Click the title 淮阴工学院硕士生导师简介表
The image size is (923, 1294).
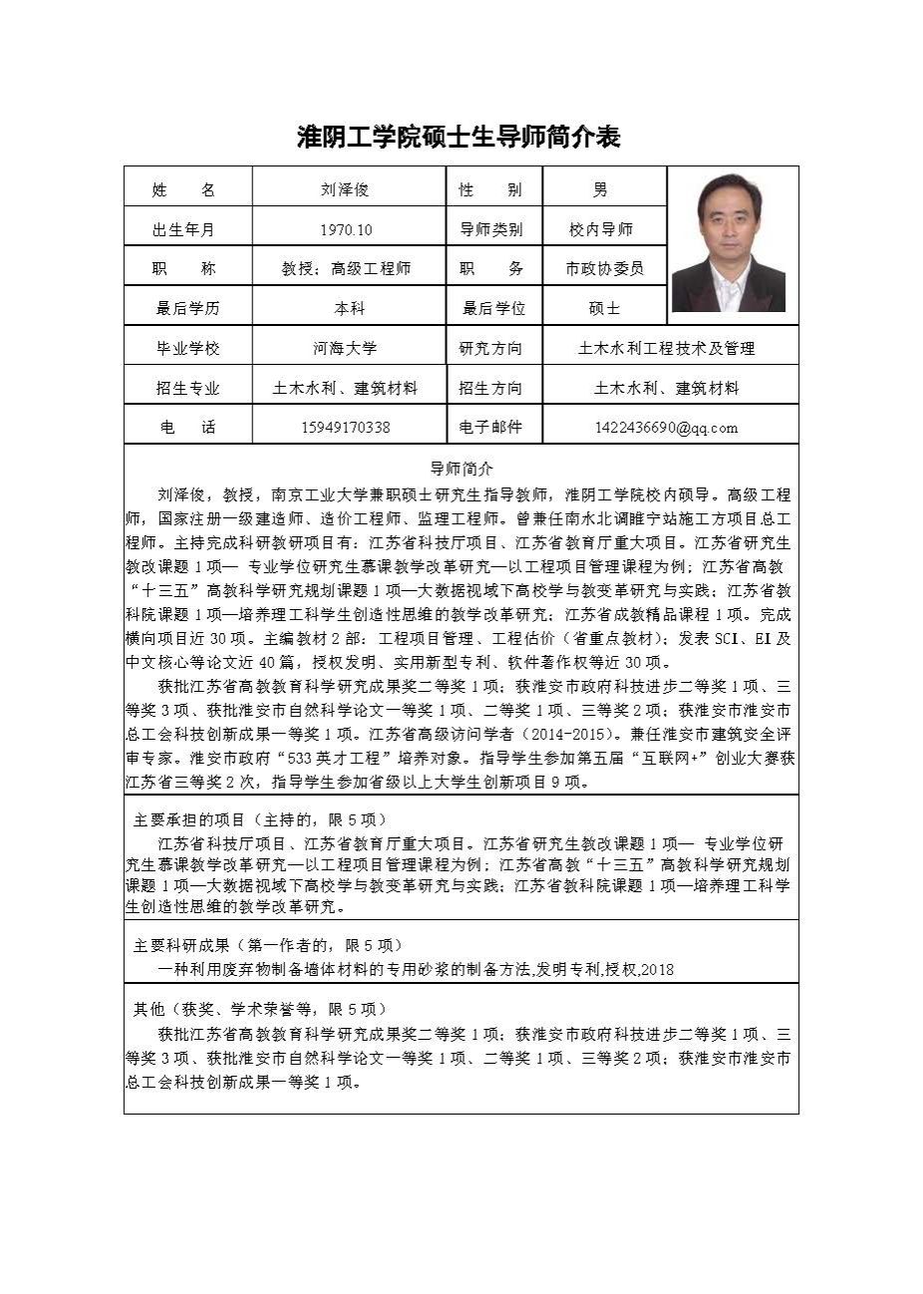(x=460, y=137)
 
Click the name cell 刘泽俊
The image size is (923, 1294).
(x=345, y=189)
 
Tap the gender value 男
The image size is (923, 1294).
(x=600, y=189)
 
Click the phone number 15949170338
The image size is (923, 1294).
(x=345, y=428)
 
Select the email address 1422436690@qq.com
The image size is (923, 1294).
(x=666, y=428)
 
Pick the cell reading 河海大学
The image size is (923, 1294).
(x=345, y=348)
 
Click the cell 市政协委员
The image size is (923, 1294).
(x=604, y=268)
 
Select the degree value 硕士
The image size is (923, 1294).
(x=604, y=308)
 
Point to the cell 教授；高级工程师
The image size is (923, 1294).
(x=345, y=268)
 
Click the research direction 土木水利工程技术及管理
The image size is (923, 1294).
(x=666, y=348)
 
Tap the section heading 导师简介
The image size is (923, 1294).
(x=461, y=468)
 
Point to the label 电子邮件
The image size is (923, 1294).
(x=490, y=428)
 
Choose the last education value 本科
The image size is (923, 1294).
(x=349, y=308)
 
